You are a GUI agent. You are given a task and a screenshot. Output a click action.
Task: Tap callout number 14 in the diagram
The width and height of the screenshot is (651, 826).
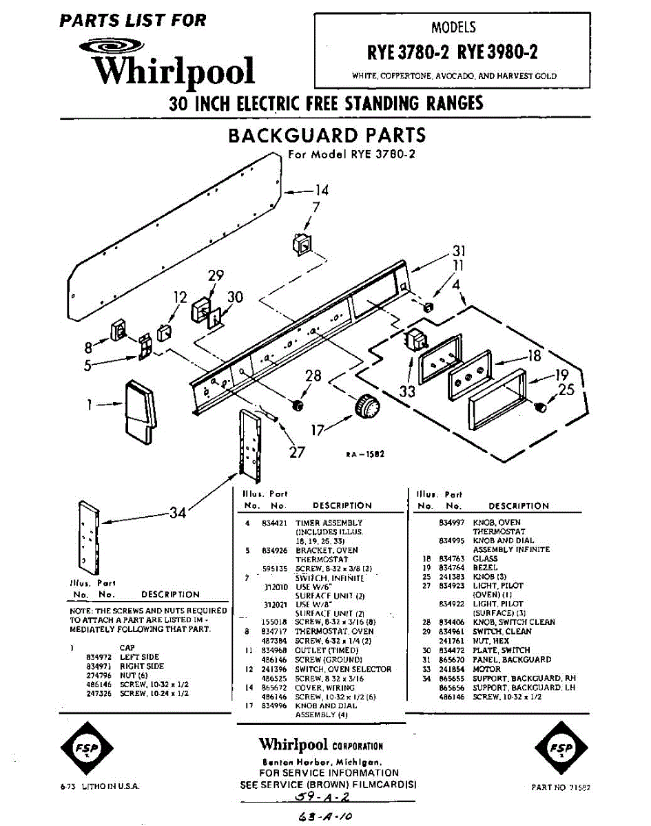321,190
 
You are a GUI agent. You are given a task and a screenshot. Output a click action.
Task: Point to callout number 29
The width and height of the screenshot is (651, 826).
216,275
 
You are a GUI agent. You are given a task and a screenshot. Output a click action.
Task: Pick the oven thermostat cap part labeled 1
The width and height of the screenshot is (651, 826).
141,412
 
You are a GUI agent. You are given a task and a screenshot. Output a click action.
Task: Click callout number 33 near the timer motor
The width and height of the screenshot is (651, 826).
408,392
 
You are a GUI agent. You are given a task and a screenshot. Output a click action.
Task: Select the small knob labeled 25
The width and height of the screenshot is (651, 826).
541,407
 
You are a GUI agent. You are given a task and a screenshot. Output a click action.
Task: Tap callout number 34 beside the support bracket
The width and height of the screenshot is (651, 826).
178,512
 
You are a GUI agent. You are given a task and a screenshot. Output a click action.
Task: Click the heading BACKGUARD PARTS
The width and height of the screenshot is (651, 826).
327,135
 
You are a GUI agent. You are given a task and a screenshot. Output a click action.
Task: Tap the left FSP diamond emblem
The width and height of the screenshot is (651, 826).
87,749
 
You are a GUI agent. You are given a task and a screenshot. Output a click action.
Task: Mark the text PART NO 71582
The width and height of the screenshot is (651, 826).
561,787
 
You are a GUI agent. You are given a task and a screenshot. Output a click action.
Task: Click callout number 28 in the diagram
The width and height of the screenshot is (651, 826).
313,376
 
